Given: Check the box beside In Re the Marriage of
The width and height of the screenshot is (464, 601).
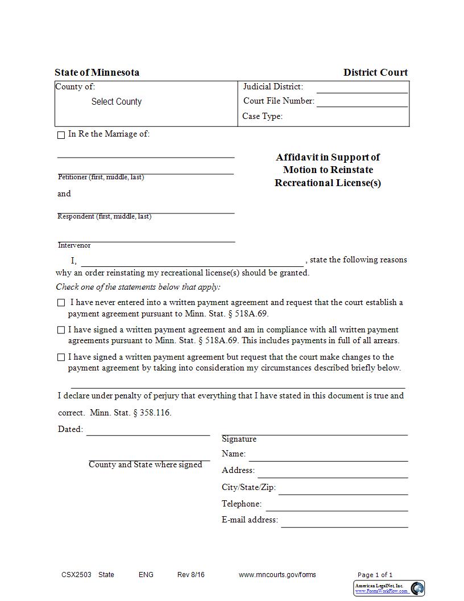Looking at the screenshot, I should point(61,135).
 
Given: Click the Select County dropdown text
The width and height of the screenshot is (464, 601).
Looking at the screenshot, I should point(116,102).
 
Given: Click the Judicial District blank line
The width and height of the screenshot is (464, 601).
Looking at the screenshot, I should point(362,88).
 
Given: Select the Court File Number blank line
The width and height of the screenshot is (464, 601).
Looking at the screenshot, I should point(362,102).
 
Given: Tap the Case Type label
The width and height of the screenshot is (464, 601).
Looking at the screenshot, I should point(262,116).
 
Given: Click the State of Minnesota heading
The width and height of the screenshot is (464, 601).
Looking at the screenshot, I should point(97,72).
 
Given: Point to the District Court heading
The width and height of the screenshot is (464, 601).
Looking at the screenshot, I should point(375,72).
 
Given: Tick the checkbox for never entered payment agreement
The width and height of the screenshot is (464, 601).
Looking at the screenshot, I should point(61,303).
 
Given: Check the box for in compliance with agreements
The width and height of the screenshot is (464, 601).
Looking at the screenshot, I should point(61,330).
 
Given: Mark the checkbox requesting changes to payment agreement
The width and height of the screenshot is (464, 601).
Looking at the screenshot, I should point(61,357).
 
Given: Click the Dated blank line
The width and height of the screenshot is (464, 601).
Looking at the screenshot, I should point(148,431).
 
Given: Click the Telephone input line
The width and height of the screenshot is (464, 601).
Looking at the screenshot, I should point(337,506).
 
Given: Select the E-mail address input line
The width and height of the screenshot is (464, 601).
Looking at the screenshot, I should point(344,522).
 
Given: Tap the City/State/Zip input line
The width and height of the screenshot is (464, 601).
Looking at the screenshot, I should point(343,489).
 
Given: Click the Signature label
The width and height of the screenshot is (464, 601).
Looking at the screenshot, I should point(239,439).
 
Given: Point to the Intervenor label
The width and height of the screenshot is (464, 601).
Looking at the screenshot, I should point(74,245).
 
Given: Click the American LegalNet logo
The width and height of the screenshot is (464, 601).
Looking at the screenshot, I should point(389,588).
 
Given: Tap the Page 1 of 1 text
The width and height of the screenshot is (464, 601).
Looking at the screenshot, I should point(375,575).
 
